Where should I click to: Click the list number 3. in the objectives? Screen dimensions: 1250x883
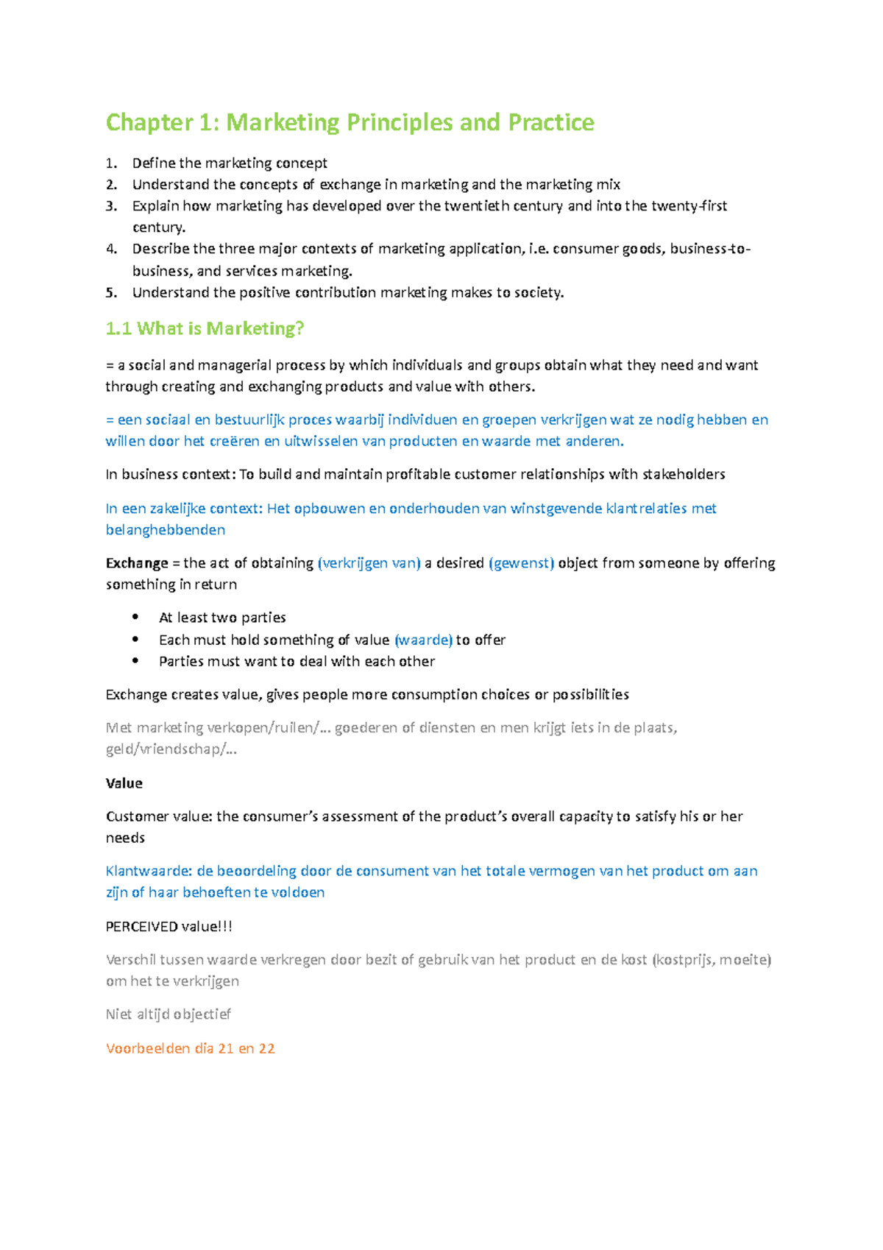[111, 206]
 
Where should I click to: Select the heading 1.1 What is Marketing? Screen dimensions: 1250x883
[205, 328]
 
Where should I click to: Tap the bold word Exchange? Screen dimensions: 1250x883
[137, 563]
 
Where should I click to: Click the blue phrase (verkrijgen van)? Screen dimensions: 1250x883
[369, 563]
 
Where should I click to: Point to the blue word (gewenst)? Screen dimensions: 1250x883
[521, 563]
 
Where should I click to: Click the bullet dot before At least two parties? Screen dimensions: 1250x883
[135, 617]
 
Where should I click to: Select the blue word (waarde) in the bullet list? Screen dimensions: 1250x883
[423, 640]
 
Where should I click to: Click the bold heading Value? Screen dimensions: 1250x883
[124, 783]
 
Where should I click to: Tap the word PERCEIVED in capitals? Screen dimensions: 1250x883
[141, 927]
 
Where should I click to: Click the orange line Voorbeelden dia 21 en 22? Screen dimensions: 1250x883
[190, 1048]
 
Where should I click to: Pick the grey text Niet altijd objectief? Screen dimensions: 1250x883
[168, 1014]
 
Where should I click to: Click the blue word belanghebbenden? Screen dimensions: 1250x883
[166, 530]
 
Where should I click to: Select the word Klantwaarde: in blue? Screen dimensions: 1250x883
[149, 871]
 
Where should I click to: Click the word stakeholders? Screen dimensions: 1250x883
[684, 474]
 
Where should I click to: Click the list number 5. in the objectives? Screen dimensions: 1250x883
[111, 292]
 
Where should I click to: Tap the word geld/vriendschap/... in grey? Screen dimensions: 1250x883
[171, 749]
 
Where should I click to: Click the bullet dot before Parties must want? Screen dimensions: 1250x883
[135, 661]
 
